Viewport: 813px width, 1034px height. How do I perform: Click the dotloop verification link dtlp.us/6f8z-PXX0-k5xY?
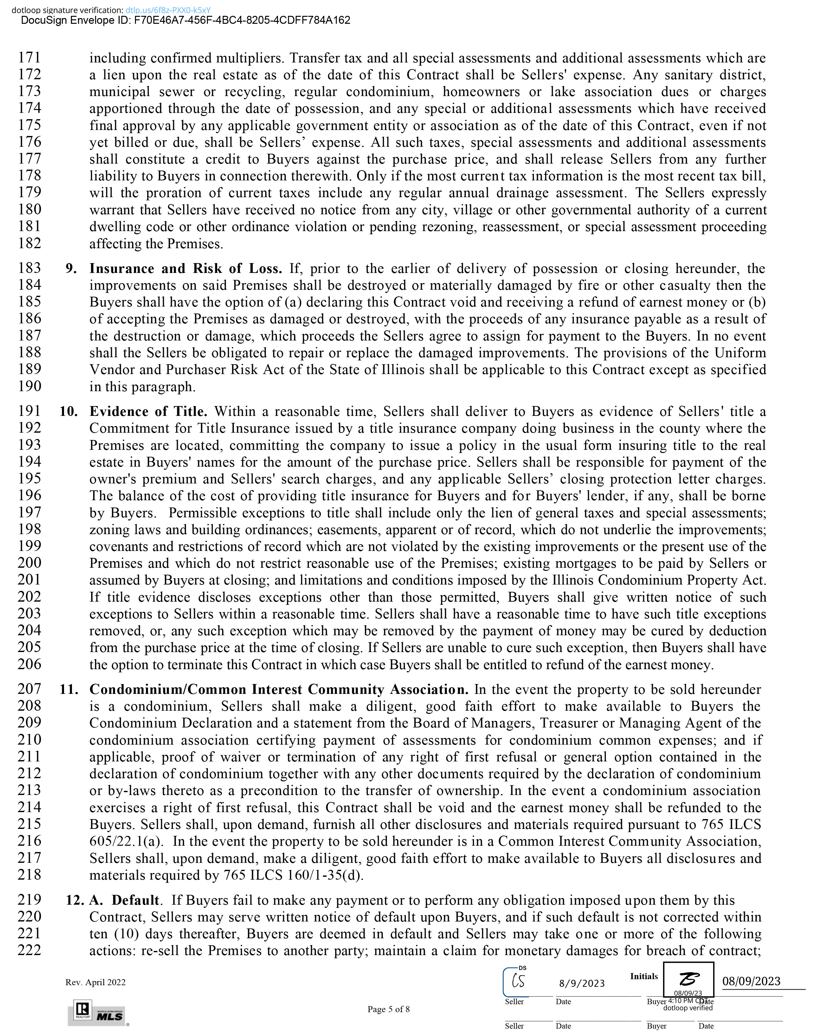coord(168,10)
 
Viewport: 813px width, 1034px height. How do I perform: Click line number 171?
coord(29,58)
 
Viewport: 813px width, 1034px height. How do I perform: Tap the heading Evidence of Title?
coord(148,411)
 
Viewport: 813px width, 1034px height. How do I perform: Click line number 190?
coord(29,386)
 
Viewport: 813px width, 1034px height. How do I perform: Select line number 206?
coord(29,664)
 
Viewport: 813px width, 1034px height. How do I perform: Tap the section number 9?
coord(71,268)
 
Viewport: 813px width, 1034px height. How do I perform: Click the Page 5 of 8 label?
coord(388,1009)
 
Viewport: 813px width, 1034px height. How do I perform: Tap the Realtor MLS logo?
coord(99,1012)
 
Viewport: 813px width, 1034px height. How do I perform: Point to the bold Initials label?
coord(643,976)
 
